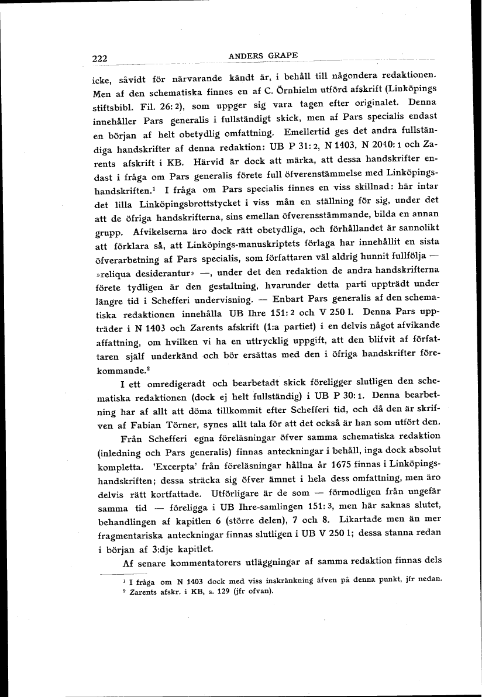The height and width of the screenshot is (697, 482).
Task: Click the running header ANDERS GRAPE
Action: click(264, 56)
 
